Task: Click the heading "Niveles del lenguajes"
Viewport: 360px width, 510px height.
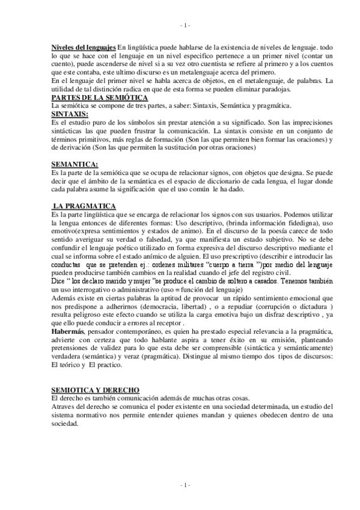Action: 83,46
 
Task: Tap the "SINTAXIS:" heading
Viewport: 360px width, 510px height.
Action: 70,113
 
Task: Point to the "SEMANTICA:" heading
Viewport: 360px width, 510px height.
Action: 75,164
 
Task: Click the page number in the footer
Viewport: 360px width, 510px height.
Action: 185,484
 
